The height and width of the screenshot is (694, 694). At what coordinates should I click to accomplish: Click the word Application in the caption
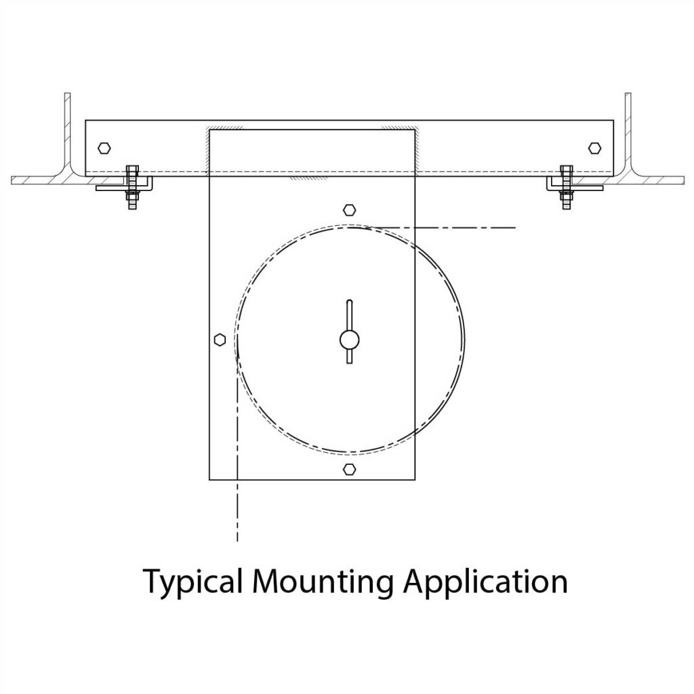(485, 581)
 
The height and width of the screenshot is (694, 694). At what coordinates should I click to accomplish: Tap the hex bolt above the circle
(349, 210)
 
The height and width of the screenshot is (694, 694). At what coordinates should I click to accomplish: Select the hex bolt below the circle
(349, 468)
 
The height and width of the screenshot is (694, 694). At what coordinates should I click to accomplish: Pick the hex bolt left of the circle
(219, 340)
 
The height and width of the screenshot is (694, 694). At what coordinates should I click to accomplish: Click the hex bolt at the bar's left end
(103, 147)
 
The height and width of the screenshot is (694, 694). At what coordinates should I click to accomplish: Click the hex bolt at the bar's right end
(594, 147)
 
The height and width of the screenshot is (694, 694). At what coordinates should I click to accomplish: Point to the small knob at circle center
(349, 340)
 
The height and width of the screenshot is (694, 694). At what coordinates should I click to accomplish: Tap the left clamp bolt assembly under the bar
(131, 186)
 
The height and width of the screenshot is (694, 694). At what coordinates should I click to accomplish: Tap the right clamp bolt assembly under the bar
(566, 186)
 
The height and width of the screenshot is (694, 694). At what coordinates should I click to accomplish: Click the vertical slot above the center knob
(349, 314)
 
